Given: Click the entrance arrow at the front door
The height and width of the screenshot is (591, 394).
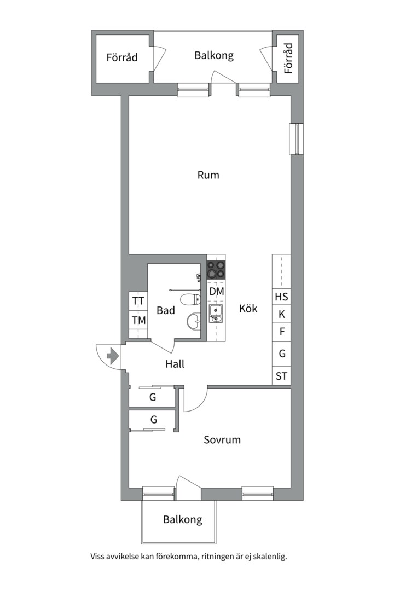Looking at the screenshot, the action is tap(113, 356).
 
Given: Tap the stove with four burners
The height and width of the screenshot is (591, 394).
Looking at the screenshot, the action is tap(216, 270).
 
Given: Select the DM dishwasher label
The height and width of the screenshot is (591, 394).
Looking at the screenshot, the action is tap(217, 291).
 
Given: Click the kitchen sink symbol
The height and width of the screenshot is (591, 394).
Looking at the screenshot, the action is tap(216, 314).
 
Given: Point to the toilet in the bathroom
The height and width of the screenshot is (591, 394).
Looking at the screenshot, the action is tap(190, 300).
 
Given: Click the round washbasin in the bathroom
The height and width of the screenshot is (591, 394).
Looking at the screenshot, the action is tap(193, 322).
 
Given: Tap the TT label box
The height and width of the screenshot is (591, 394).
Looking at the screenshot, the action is tap(138, 301).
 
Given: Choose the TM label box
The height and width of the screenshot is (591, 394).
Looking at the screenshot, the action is tap(138, 320).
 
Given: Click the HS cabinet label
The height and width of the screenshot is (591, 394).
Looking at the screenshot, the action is tap(281, 297).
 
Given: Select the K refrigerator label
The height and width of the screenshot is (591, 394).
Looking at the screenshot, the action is tap(281, 314).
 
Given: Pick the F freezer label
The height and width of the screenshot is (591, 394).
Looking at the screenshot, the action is tap(281, 332).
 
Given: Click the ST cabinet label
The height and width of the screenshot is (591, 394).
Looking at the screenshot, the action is tap(281, 376).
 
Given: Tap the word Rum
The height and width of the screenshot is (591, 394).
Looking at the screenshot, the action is tap(208, 175).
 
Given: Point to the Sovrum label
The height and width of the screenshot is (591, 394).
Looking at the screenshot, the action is tap(222, 439).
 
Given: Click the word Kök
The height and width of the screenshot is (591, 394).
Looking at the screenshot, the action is tap(248, 308).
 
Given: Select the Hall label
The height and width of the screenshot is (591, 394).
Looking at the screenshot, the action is tap(175, 364).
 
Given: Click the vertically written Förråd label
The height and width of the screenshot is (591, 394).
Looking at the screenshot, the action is tap(288, 58).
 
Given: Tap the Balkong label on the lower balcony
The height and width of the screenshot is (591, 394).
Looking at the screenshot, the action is tap(182, 520).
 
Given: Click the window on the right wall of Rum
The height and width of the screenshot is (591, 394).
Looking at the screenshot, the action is tap(297, 138).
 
